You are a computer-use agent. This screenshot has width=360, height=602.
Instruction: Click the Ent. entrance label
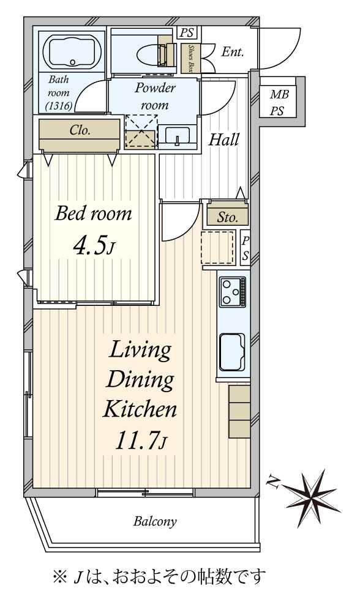(x=233, y=52)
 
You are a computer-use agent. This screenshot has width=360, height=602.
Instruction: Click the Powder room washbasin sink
(x=177, y=136)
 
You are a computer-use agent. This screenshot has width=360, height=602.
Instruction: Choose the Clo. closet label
(x=80, y=130)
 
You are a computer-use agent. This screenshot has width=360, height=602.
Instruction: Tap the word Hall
(x=224, y=139)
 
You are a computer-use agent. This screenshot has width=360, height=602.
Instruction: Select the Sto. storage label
(x=228, y=218)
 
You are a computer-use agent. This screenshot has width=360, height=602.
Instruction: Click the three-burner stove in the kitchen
(x=233, y=291)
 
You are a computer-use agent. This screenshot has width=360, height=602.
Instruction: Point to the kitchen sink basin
(x=232, y=352)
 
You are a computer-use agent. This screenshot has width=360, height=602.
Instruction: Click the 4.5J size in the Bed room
(x=94, y=247)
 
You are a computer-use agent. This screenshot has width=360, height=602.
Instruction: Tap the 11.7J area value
(x=141, y=440)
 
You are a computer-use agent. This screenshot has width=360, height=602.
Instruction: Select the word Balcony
(x=156, y=521)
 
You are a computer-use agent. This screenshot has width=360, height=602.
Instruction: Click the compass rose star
(x=313, y=496)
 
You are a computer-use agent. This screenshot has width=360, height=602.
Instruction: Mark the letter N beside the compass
(x=274, y=481)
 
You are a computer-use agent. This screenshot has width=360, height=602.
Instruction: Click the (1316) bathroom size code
(x=59, y=106)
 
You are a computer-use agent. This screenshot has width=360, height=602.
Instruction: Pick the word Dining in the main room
(x=140, y=380)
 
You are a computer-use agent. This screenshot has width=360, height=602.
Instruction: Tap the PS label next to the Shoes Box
(x=187, y=32)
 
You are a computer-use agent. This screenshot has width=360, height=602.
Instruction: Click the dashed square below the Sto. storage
(x=217, y=247)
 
